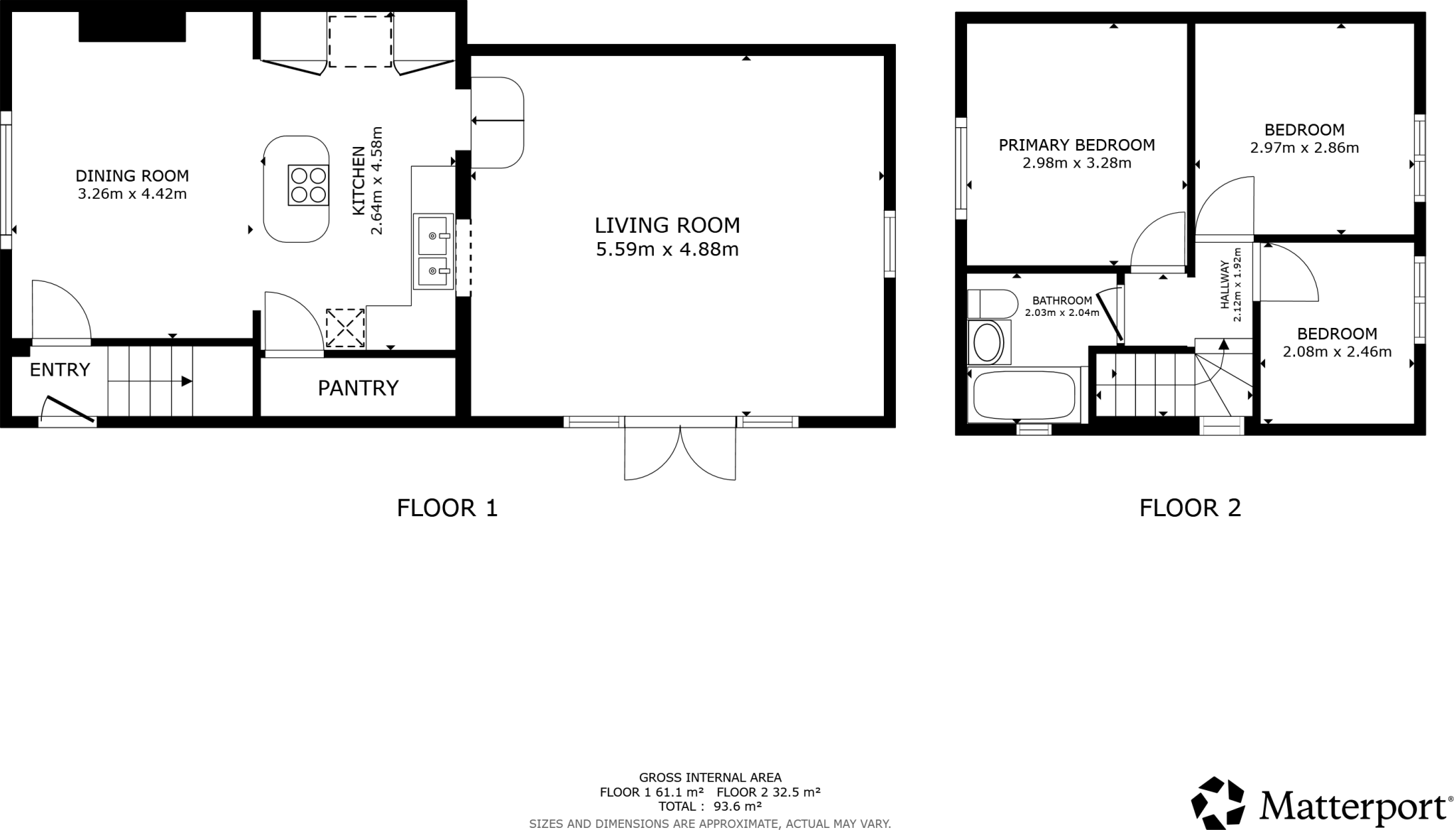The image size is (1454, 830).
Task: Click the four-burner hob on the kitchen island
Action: click(x=308, y=185)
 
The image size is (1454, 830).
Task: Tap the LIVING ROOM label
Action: click(x=667, y=226)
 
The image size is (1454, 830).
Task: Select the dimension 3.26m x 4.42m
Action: click(x=132, y=194)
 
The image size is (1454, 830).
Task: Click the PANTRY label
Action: click(x=358, y=388)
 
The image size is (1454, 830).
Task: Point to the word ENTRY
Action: click(x=60, y=370)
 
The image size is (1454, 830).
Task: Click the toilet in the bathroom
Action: click(x=991, y=304)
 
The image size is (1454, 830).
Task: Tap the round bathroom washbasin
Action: click(x=987, y=343)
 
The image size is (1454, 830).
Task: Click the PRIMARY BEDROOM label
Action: click(x=1076, y=145)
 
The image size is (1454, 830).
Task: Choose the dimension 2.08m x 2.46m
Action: click(x=1337, y=351)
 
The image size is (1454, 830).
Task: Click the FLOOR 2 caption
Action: click(x=1190, y=508)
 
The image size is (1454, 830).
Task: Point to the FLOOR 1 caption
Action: click(x=447, y=508)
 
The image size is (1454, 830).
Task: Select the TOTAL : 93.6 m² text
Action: click(x=710, y=807)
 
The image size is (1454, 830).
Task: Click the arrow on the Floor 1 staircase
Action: click(x=186, y=381)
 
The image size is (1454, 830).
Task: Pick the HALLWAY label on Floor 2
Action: click(x=1225, y=285)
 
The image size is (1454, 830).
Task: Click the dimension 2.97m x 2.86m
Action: click(x=1304, y=148)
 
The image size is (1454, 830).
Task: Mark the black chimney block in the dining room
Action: click(x=132, y=26)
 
